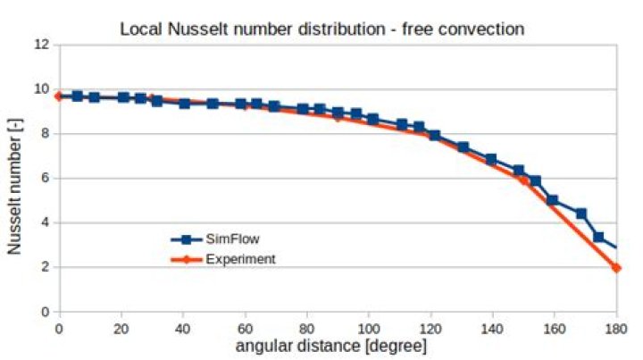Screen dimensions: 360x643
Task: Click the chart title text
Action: click(x=321, y=29)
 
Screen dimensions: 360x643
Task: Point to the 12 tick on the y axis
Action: click(x=39, y=45)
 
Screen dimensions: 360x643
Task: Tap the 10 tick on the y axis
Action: click(x=39, y=89)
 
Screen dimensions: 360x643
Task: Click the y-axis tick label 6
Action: click(x=43, y=179)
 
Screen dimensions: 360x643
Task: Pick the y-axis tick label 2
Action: click(x=43, y=267)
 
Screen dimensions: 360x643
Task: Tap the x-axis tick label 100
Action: click(x=368, y=326)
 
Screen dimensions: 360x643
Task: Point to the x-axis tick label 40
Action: click(x=183, y=326)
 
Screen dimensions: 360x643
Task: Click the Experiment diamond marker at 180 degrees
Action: click(x=616, y=268)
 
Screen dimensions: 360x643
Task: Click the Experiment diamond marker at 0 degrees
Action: click(x=59, y=96)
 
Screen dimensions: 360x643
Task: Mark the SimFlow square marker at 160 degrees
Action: click(x=553, y=200)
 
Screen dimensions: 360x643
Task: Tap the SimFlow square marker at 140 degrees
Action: click(x=491, y=159)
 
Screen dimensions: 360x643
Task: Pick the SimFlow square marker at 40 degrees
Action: click(x=184, y=104)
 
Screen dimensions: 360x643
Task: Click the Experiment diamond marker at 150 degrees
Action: click(x=523, y=180)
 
